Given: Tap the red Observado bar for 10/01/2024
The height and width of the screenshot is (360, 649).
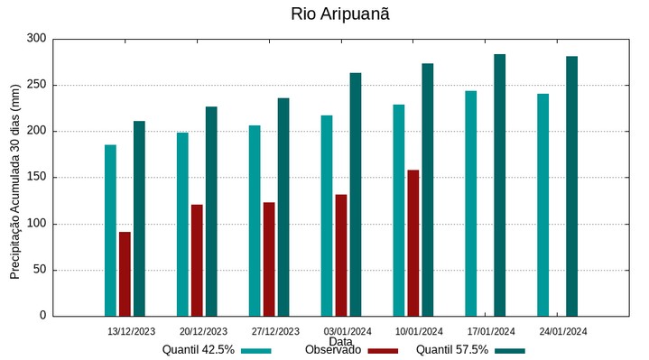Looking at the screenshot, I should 413,243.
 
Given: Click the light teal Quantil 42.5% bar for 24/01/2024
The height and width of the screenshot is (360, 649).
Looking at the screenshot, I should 542,205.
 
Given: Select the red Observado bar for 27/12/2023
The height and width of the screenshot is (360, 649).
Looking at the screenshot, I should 269,259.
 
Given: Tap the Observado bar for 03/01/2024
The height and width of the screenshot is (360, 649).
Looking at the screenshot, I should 341,255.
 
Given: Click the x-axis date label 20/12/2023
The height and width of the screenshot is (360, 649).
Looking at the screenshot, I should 203,331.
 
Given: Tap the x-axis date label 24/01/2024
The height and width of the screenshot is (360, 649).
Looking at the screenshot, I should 562,331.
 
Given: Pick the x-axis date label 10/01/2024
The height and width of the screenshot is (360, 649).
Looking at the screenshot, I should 419,331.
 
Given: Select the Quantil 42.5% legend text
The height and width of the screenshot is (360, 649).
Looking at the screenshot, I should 199,350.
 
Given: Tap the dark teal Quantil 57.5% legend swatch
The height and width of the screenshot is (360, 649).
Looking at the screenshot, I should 510,351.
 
